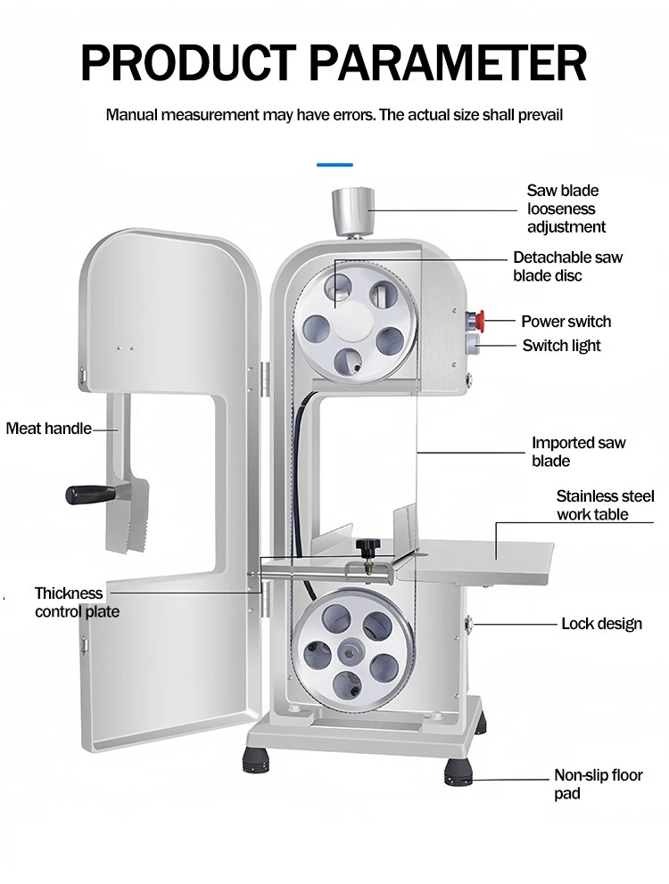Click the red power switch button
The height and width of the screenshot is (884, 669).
click(476, 320)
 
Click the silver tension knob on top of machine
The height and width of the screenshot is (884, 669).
click(353, 212)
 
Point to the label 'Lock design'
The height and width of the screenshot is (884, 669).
click(601, 624)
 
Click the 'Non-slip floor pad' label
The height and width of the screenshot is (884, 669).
click(598, 783)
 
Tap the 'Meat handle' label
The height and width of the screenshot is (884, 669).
click(48, 429)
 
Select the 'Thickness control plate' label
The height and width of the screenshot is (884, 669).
click(77, 602)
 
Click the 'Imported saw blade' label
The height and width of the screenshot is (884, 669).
click(579, 452)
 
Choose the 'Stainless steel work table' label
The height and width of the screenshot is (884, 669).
click(605, 505)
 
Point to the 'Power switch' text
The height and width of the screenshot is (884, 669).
click(566, 322)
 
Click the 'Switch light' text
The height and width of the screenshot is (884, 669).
click(561, 346)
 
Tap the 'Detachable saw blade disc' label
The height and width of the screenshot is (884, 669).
click(567, 266)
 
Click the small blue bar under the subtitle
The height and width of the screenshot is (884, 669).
click(334, 165)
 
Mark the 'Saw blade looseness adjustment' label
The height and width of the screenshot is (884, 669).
click(566, 209)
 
